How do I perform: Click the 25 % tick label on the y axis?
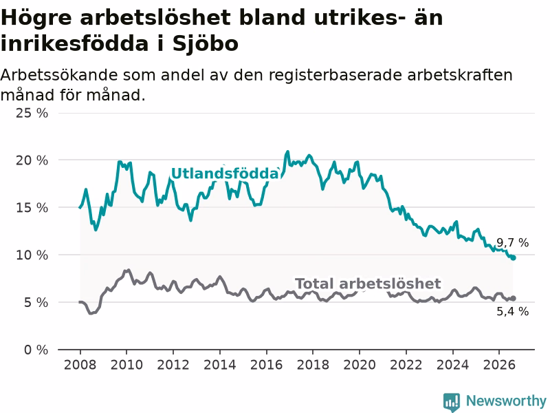[x=32, y=113]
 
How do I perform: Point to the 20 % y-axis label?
[x=32, y=160]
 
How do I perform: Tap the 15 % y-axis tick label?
[x=32, y=208]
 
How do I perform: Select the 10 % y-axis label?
[x=32, y=255]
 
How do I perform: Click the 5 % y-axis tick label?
[x=36, y=302]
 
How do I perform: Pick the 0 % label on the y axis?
[x=36, y=350]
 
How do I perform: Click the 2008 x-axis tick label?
[x=80, y=365]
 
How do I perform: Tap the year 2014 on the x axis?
[x=219, y=365]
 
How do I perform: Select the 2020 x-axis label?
[x=359, y=365]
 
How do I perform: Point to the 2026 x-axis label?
[x=499, y=365]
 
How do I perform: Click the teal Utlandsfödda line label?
[x=225, y=173]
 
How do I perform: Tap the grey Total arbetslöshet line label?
[x=368, y=284]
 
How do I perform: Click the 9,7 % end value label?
[x=512, y=242]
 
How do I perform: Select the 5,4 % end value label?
[x=512, y=311]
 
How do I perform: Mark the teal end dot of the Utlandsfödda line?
[x=514, y=257]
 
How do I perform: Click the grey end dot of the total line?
[x=514, y=298]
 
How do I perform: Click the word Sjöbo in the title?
[x=205, y=44]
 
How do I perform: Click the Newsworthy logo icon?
[x=452, y=402]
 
